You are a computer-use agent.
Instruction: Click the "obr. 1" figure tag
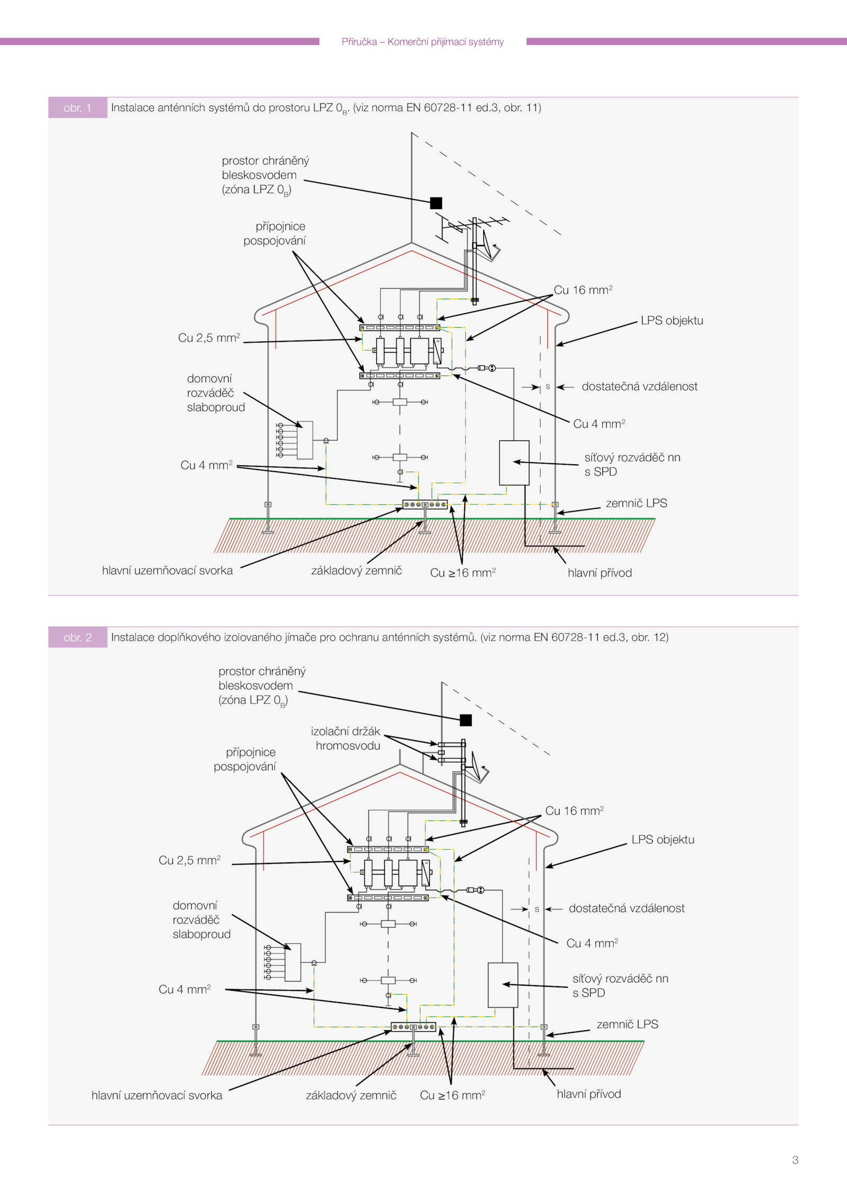click(77, 108)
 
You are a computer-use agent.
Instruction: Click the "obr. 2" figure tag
click(77, 637)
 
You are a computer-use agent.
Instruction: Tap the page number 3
click(795, 1160)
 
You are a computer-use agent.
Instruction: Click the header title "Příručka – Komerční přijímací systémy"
click(422, 42)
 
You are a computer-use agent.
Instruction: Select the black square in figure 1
click(436, 203)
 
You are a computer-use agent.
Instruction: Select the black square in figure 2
click(465, 720)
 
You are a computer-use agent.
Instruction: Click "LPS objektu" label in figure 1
click(672, 321)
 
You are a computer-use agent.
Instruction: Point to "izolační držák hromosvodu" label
click(346, 738)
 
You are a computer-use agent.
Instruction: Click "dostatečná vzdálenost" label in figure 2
click(626, 908)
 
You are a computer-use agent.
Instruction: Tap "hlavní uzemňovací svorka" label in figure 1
click(167, 571)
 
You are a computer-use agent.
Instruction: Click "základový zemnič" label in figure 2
click(351, 1095)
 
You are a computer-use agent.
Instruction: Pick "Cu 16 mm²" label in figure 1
click(583, 290)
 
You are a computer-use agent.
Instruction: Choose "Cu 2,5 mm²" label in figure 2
click(190, 860)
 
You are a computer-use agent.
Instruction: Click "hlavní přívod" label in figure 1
click(600, 573)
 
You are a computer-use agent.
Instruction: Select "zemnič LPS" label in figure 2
click(627, 1024)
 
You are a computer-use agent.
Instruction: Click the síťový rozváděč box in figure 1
click(514, 463)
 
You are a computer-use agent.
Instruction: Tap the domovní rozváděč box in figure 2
click(293, 962)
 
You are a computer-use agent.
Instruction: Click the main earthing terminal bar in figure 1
click(425, 505)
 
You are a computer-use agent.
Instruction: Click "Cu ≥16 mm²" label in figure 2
click(452, 1095)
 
